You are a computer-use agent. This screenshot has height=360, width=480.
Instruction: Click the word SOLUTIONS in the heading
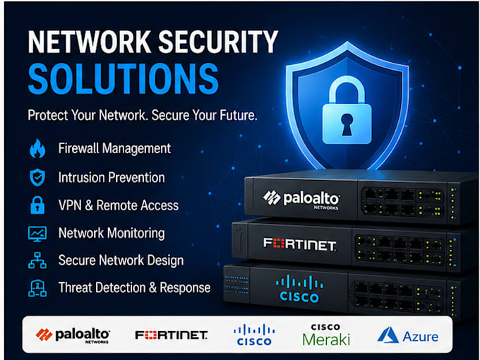[x=124, y=78]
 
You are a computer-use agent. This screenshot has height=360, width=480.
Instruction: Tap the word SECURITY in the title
[x=218, y=42]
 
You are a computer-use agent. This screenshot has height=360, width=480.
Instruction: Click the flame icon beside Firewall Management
[x=37, y=148]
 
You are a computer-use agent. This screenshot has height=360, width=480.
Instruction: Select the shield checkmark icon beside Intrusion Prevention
[x=37, y=177]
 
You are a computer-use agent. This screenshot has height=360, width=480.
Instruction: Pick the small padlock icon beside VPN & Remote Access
[x=37, y=205]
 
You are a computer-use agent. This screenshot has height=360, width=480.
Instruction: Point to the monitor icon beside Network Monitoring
[x=37, y=234]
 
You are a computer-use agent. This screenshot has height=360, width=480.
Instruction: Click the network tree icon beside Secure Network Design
[x=37, y=260]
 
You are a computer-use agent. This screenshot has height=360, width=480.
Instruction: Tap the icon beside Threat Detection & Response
[x=37, y=288]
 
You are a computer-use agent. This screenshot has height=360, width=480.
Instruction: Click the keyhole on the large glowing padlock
[x=347, y=125]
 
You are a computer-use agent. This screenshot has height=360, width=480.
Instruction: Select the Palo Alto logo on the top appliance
[x=301, y=200]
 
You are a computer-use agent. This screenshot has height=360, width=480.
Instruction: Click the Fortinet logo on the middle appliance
[x=300, y=244]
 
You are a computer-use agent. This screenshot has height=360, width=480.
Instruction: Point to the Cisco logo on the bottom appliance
[x=299, y=289]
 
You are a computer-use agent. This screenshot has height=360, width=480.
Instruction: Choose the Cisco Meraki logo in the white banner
[x=326, y=335]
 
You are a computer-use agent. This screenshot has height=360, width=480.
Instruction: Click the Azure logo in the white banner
[x=408, y=335]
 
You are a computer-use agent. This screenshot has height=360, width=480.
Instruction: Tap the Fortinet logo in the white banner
[x=172, y=335]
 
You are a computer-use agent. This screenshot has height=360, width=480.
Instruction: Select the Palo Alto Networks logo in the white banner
[x=73, y=335]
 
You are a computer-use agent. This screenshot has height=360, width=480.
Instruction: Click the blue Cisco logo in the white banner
[x=254, y=335]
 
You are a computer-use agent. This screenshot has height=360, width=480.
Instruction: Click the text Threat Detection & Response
[x=134, y=288]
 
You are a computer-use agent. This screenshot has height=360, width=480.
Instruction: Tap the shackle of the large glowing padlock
[x=347, y=89]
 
